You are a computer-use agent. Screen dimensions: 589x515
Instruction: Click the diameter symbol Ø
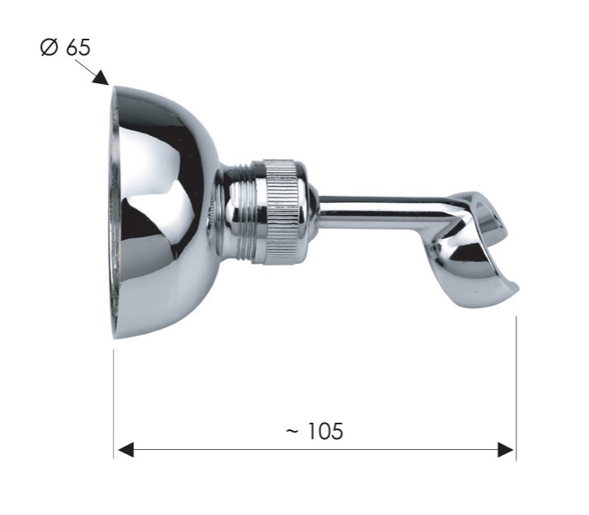(49, 48)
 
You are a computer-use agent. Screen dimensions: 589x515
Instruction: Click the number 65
(78, 48)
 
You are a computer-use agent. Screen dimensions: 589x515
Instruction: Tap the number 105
(325, 431)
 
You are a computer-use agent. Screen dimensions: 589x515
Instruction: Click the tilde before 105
(292, 431)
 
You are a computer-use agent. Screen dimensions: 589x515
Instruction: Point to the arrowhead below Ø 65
(102, 78)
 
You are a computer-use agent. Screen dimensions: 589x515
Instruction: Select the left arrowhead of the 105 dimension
(126, 450)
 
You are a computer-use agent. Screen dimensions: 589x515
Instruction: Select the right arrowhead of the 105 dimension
(505, 450)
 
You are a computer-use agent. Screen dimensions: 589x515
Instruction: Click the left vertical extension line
(114, 404)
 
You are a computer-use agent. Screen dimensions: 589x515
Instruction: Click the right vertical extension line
(517, 388)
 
